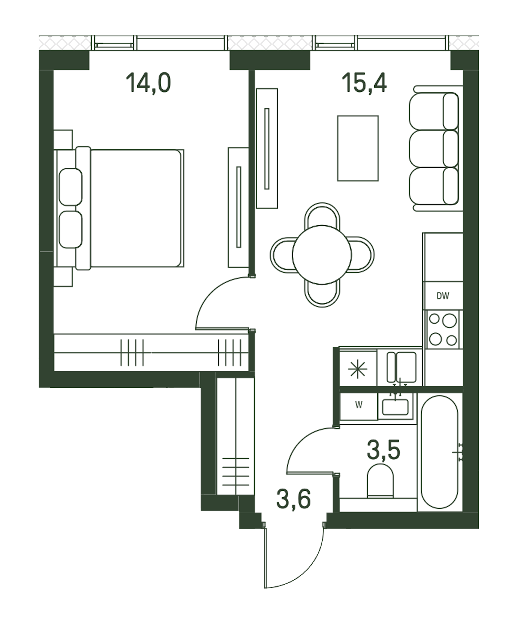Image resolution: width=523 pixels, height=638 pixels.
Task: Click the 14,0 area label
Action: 148,83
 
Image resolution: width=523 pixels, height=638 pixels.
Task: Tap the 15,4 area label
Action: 364,83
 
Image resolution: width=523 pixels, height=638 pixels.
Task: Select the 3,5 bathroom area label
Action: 384,458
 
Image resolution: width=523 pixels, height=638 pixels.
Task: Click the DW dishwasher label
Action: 443,296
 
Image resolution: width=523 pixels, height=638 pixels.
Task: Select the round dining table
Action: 322,255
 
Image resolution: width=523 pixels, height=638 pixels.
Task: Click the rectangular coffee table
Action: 358,148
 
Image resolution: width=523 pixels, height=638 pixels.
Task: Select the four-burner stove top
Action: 443,329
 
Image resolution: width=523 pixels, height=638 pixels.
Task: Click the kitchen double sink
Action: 402,367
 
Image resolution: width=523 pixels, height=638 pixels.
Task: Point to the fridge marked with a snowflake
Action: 358,369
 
